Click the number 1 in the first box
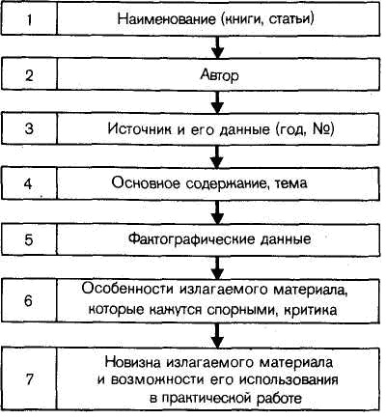pos(29,19)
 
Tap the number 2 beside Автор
pos(29,75)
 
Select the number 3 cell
pos(29,128)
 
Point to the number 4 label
pos(28,183)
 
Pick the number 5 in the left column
pos(29,239)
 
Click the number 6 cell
pos(28,300)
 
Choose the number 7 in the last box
pos(29,378)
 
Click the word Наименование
pos(167,18)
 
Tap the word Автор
pos(220,75)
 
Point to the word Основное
pos(146,183)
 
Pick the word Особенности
pos(127,289)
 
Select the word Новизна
pos(132,362)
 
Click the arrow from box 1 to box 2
pos(218,46)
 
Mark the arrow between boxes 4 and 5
pos(218,212)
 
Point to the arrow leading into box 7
pos(218,335)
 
